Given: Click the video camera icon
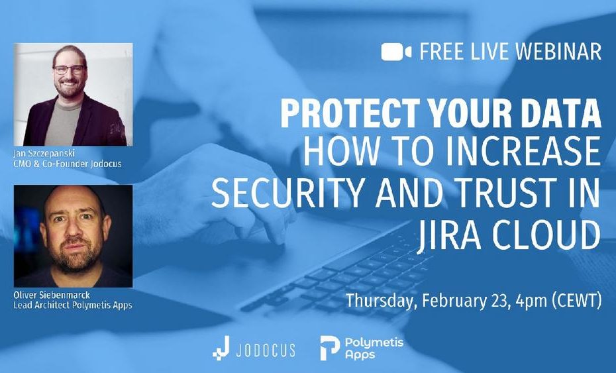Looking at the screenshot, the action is pos(396,52).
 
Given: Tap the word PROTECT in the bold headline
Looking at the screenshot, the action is pos(351,113).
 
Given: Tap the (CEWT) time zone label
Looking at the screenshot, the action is pos(577,301).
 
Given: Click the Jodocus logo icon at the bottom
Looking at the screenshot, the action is pos(221,348).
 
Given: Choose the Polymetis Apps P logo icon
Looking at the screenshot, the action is pos(330,348).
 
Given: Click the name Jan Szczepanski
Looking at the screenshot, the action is pos(44,154).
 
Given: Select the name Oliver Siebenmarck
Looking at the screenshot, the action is pos(52,295).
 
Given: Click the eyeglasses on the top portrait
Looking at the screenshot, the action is pos(70,70).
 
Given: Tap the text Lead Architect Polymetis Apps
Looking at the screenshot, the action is pos(73,305).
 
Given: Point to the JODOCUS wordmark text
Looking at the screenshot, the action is pos(266,350).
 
